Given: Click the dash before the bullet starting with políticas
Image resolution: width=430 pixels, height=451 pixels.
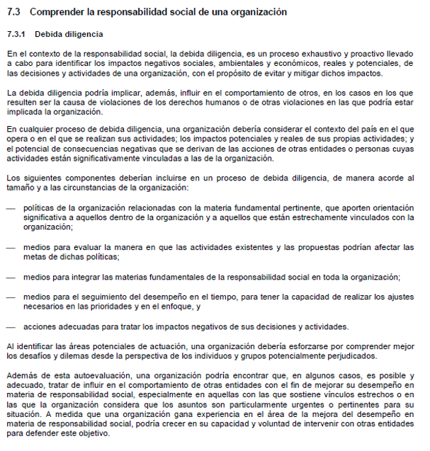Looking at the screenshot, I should (x=10, y=208).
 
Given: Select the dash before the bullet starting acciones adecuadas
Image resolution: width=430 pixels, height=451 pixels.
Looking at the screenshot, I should (x=10, y=327).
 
